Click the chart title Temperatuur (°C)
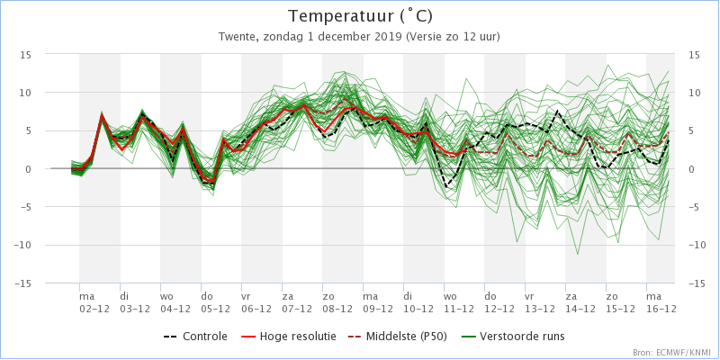click(359, 16)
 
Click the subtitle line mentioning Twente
click(359, 37)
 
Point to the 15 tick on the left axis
click(26, 54)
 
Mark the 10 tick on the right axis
click(694, 92)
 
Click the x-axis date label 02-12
click(94, 308)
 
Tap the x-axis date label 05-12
click(216, 308)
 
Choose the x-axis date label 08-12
click(337, 308)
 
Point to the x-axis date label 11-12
click(459, 308)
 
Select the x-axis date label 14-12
click(580, 308)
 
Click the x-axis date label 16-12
click(661, 308)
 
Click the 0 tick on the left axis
click(29, 168)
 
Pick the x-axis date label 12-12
click(499, 308)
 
